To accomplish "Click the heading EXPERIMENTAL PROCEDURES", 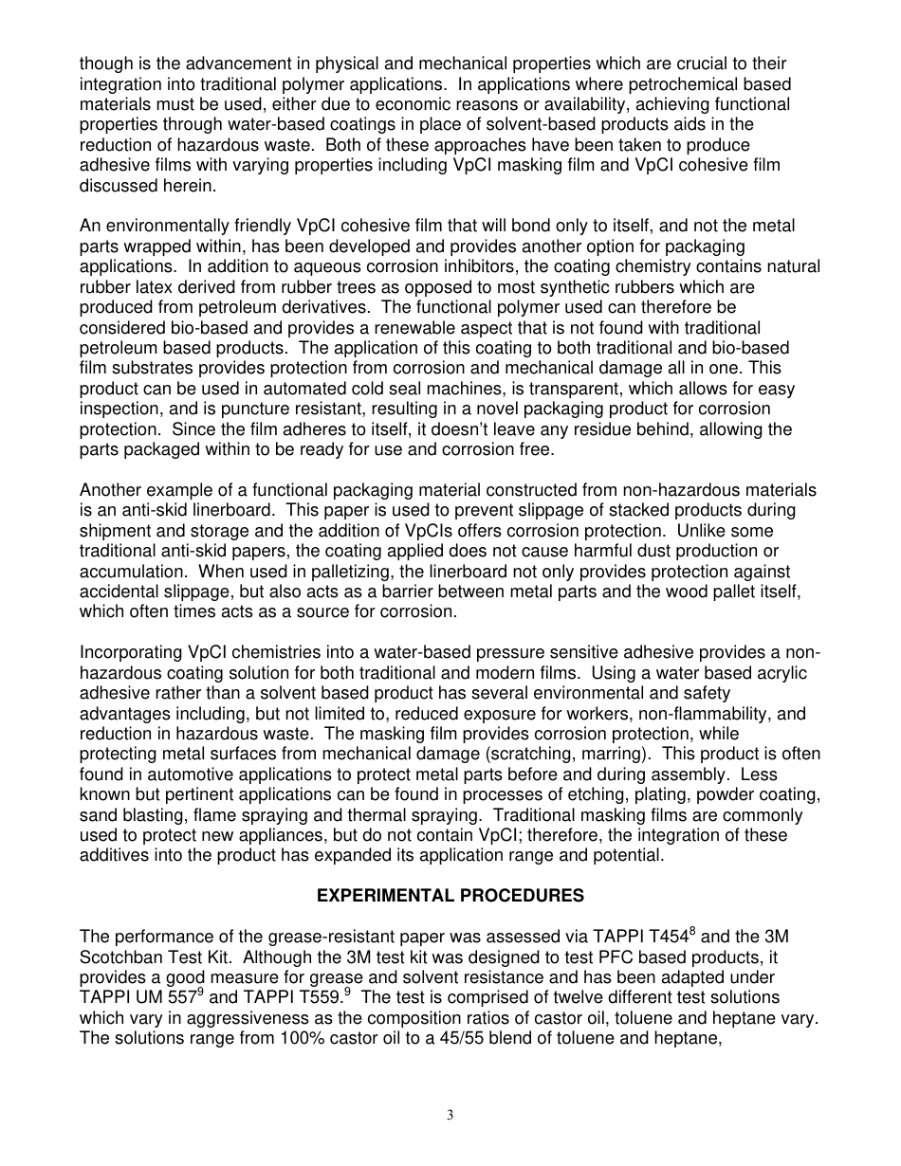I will pyautogui.click(x=450, y=896).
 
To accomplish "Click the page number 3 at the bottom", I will pyautogui.click(x=450, y=1116).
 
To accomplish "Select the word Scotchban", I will pyautogui.click(x=122, y=957).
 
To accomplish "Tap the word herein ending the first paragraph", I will pyautogui.click(x=194, y=186).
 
